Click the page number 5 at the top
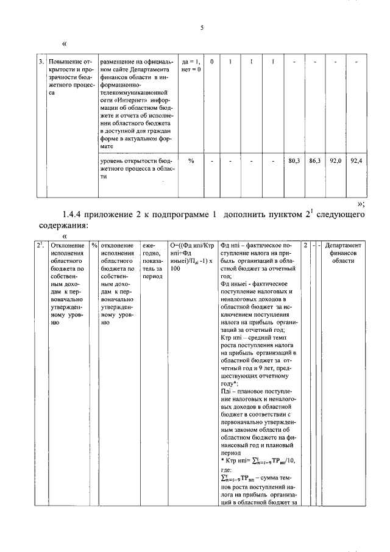pos(202,26)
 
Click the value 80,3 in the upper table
pos(294,160)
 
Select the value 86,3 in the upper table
pos(314,160)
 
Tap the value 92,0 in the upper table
pos(335,160)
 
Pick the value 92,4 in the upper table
pos(356,160)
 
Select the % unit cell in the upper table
pos(191,160)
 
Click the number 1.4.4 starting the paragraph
pos(75,215)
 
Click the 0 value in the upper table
pos(212,62)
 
